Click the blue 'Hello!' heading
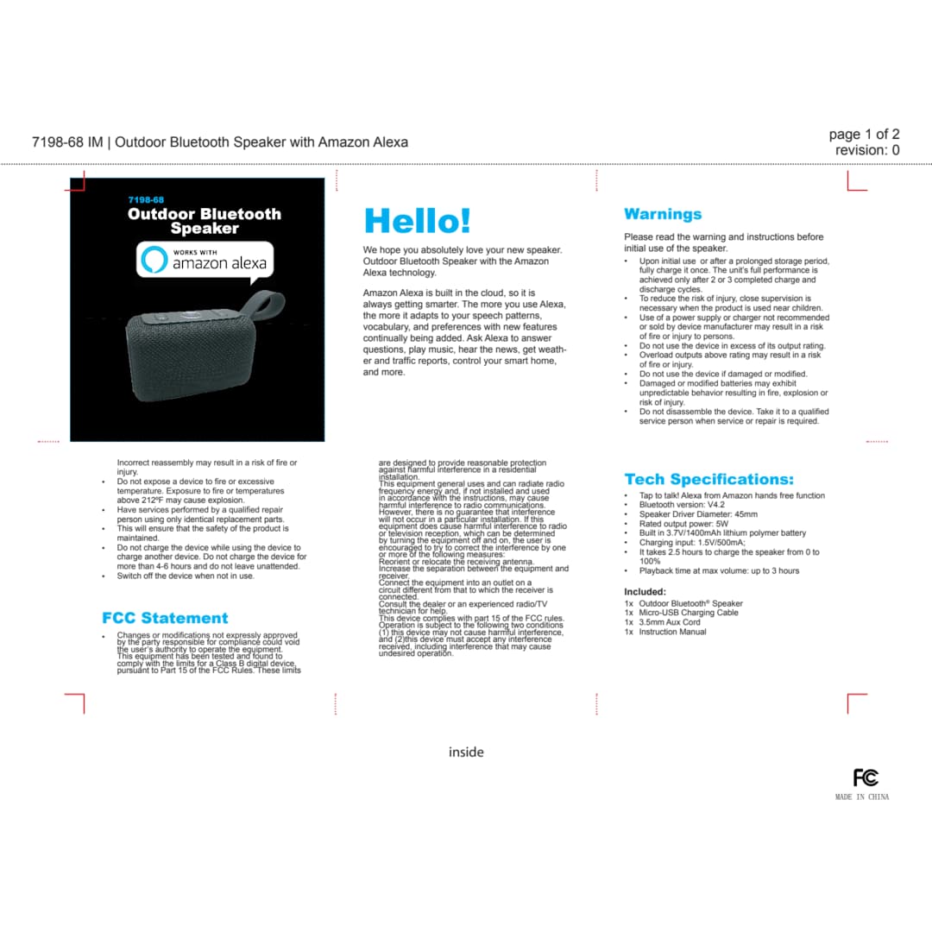point(417,221)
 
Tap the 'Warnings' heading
point(663,214)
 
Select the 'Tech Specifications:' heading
point(708,479)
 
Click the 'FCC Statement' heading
point(165,618)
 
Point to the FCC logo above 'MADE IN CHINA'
point(866,778)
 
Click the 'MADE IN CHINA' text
point(861,797)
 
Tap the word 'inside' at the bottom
point(466,753)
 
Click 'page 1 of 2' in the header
point(864,135)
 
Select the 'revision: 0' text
point(867,150)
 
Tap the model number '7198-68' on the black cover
point(146,199)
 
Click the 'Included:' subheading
point(645,591)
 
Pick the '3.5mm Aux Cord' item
point(669,622)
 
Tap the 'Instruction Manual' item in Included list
point(672,632)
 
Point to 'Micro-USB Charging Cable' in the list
point(688,613)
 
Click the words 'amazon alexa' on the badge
point(219,263)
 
